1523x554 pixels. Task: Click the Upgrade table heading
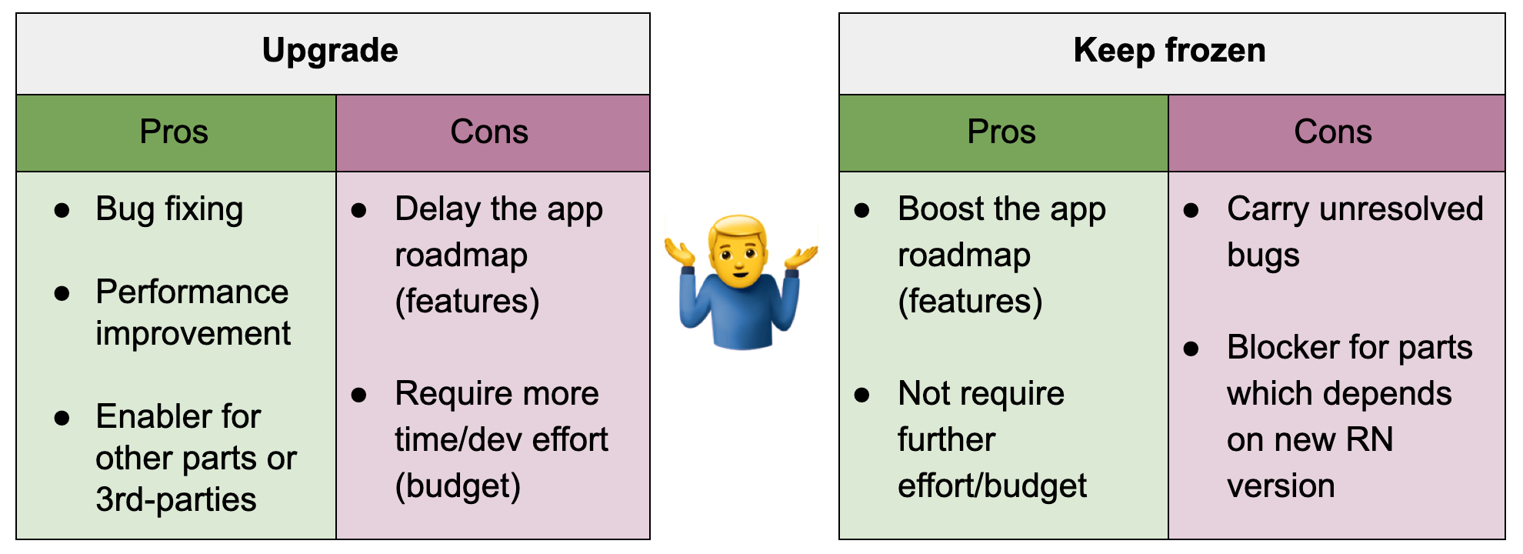pyautogui.click(x=330, y=51)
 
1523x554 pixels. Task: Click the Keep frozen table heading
pyautogui.click(x=1169, y=51)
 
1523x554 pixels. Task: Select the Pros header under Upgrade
pyautogui.click(x=174, y=132)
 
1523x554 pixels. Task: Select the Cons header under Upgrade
pyautogui.click(x=489, y=132)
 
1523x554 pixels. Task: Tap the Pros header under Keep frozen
pyautogui.click(x=1001, y=132)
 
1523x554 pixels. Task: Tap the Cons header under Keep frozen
pyautogui.click(x=1332, y=132)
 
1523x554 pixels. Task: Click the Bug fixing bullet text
pyautogui.click(x=169, y=209)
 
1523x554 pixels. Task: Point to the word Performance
pyautogui.click(x=192, y=292)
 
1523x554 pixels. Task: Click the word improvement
pyautogui.click(x=192, y=334)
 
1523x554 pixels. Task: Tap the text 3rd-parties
pyautogui.click(x=175, y=500)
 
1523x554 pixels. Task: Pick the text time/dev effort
pyautogui.click(x=501, y=440)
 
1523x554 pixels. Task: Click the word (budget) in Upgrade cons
pyautogui.click(x=458, y=486)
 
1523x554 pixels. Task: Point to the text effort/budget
pyautogui.click(x=991, y=486)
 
